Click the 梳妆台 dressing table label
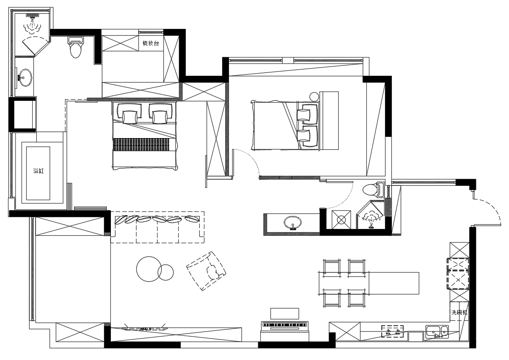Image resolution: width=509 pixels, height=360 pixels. point(151,43)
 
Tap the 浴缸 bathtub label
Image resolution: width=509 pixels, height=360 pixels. point(39,171)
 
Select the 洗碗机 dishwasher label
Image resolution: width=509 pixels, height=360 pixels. point(459,312)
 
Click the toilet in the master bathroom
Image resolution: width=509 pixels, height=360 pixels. point(75,47)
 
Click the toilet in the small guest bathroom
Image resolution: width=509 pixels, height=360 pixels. point(373,189)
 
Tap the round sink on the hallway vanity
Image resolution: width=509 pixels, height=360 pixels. point(293,223)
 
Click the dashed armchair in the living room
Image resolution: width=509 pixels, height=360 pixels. point(206,271)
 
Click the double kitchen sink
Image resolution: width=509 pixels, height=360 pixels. point(437,332)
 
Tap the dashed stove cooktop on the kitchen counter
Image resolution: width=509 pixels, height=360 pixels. point(393,331)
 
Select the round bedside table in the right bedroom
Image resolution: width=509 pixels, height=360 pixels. point(314,97)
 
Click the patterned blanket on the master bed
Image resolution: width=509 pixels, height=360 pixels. point(141,144)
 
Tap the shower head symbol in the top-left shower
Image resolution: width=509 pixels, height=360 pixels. point(33,15)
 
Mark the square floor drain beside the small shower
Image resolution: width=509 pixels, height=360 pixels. point(341,219)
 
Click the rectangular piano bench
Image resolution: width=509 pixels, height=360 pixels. point(285,314)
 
